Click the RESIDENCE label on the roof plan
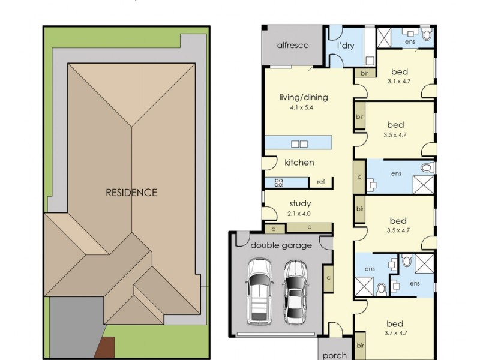point(131,193)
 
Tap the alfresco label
point(293,46)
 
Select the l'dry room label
point(346,46)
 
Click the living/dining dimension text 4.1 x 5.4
point(302,107)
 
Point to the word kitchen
point(299,162)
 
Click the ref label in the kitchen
point(321,182)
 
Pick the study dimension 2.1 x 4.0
point(299,214)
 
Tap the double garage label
point(281,245)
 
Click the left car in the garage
point(259,292)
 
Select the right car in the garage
point(295,292)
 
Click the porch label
point(335,356)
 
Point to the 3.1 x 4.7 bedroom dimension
point(399,82)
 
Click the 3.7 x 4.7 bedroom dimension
point(396,333)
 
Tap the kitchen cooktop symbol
point(279,183)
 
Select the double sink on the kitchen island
point(299,144)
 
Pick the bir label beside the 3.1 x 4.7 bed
point(364,73)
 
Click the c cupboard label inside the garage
point(328,278)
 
